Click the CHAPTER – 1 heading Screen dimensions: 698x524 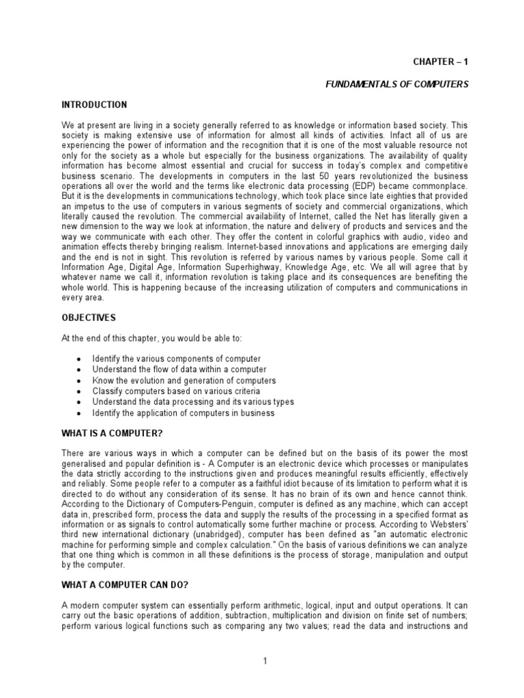(x=441, y=61)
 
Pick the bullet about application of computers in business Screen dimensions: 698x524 (x=184, y=412)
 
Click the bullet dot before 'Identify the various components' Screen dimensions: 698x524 (x=79, y=359)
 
